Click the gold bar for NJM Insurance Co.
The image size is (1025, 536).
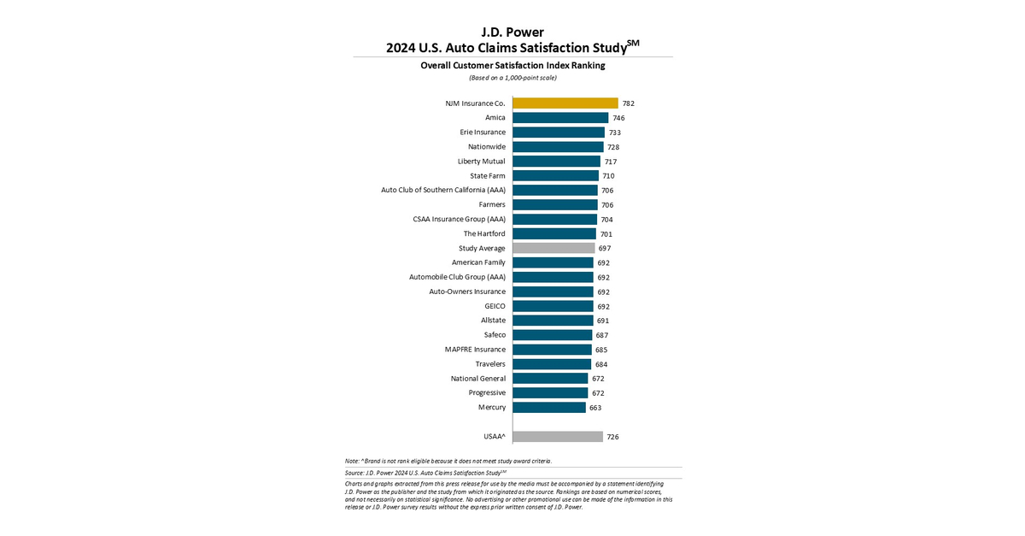pos(565,103)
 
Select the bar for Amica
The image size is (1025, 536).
pos(560,118)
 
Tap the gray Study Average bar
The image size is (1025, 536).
pos(553,248)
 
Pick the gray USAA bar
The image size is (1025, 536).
pos(558,437)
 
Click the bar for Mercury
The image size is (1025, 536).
pos(549,408)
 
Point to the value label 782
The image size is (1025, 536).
pos(628,103)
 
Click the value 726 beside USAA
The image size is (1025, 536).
pos(612,437)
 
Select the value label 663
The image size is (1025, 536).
pos(595,408)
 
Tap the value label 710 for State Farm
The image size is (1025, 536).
pos(608,176)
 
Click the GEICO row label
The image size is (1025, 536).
pos(495,306)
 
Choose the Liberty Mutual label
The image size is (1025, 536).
pos(482,162)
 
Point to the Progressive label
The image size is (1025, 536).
pos(487,393)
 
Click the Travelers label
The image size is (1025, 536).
pos(490,364)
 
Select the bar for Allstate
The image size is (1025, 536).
pos(553,321)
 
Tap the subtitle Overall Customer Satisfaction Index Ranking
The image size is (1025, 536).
pos(512,65)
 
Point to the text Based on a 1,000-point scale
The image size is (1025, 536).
pos(512,78)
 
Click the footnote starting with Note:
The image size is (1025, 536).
pos(448,461)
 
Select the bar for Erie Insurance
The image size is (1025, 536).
pos(559,133)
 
